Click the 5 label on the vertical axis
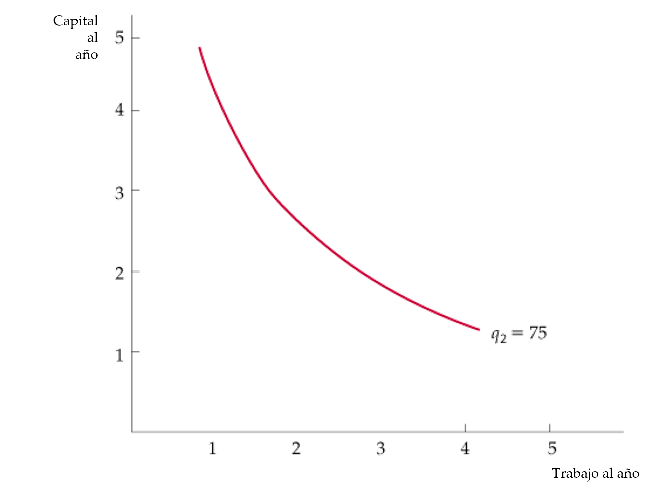119,38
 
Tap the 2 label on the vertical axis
120,273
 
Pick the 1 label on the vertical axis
120,355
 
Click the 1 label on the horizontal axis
213,448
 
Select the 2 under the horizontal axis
296,448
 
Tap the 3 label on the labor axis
381,448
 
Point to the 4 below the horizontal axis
465,448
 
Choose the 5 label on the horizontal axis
552,448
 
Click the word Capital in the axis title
75,21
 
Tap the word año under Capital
87,54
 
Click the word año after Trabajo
628,473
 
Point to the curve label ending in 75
519,335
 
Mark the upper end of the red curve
200,48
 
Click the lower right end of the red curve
479,329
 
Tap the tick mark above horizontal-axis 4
465,427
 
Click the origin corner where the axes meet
132,432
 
